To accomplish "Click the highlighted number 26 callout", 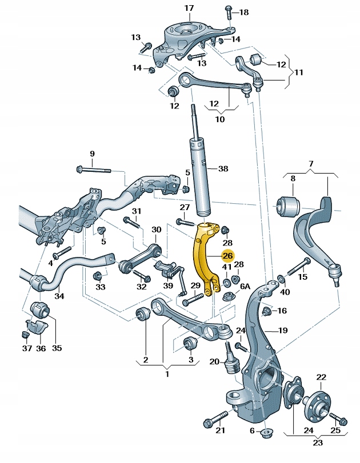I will (227, 257).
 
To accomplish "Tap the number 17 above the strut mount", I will (189, 8).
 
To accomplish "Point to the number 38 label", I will (223, 169).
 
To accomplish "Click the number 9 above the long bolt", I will (311, 164).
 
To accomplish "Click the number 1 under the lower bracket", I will (167, 375).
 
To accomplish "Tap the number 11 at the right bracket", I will (298, 73).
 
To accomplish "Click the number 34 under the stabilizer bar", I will (59, 296).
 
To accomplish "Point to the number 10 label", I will (219, 119).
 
